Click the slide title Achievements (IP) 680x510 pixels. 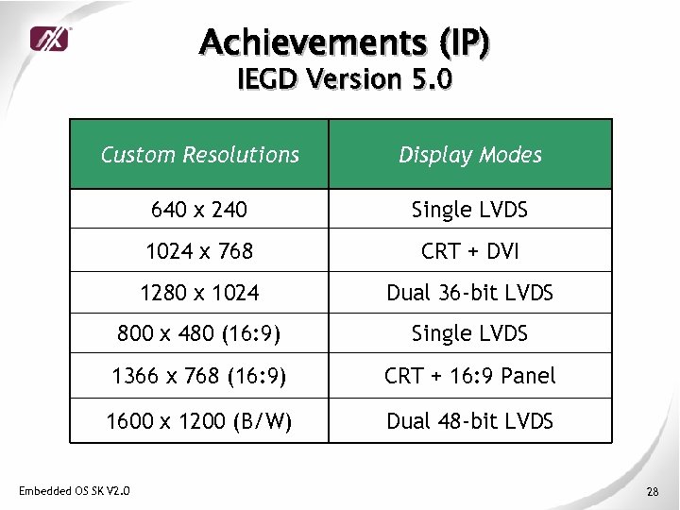click(345, 42)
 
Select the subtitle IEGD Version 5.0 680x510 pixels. click(345, 79)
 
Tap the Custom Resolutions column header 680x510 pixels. click(199, 155)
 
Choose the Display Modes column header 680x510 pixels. click(469, 155)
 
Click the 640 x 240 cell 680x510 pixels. click(199, 210)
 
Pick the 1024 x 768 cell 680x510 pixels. click(199, 251)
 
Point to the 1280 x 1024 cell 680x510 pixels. click(199, 293)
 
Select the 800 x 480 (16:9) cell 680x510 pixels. click(199, 333)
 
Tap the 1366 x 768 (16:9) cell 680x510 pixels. click(199, 376)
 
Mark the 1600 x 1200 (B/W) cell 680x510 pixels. click(199, 421)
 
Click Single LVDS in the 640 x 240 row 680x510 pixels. click(469, 210)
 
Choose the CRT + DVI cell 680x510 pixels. click(469, 251)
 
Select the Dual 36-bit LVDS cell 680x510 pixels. click(469, 293)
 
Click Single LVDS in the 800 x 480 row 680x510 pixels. click(469, 333)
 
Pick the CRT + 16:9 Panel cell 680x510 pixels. click(469, 376)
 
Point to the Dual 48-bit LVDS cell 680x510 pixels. click(469, 421)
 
